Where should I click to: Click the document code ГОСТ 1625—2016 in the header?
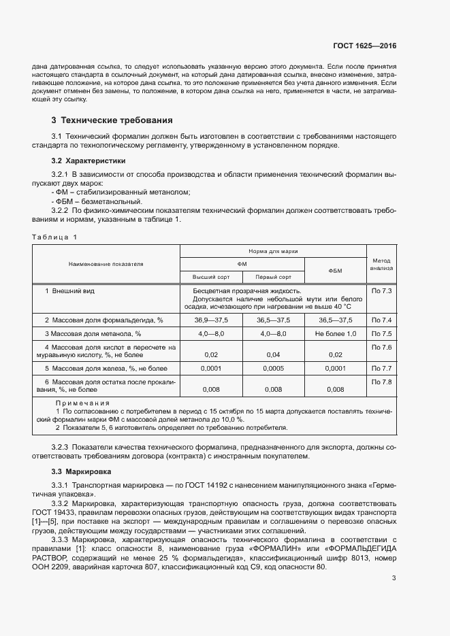click(364, 46)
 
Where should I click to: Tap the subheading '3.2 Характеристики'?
click(89, 161)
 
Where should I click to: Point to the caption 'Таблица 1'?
click(54, 237)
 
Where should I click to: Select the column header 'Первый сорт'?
click(272, 277)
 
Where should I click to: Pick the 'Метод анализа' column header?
click(381, 264)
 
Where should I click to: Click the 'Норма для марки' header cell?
click(272, 251)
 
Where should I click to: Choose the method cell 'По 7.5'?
click(381, 334)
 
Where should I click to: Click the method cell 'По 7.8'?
click(381, 382)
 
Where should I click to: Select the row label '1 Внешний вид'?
click(69, 291)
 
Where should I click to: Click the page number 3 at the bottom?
click(393, 579)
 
